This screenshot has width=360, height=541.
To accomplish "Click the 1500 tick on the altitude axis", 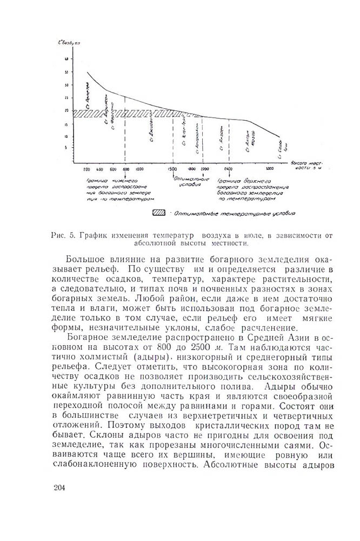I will [x=172, y=169].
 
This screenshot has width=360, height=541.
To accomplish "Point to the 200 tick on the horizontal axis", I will [x=86, y=169].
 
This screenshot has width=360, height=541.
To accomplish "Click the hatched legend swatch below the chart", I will [x=158, y=213].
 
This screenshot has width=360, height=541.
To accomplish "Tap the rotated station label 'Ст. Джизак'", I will [x=150, y=130].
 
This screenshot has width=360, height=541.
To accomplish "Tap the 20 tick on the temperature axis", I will [x=65, y=110].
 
